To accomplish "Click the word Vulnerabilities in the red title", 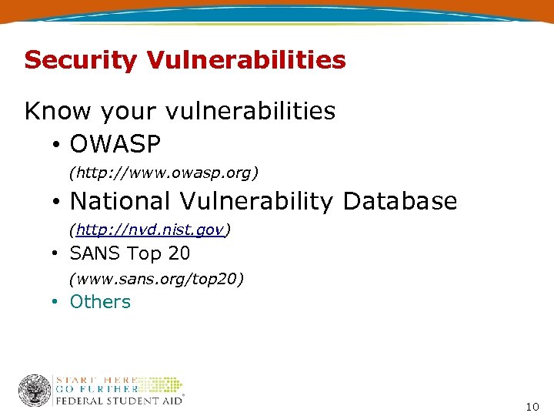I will coord(256,60).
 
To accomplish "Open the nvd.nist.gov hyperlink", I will coord(150,230).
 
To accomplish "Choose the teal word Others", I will coord(100,302).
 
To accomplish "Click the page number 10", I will coord(532,406).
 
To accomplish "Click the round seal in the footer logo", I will coord(35,390).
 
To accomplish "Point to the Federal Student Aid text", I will coord(119,401).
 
